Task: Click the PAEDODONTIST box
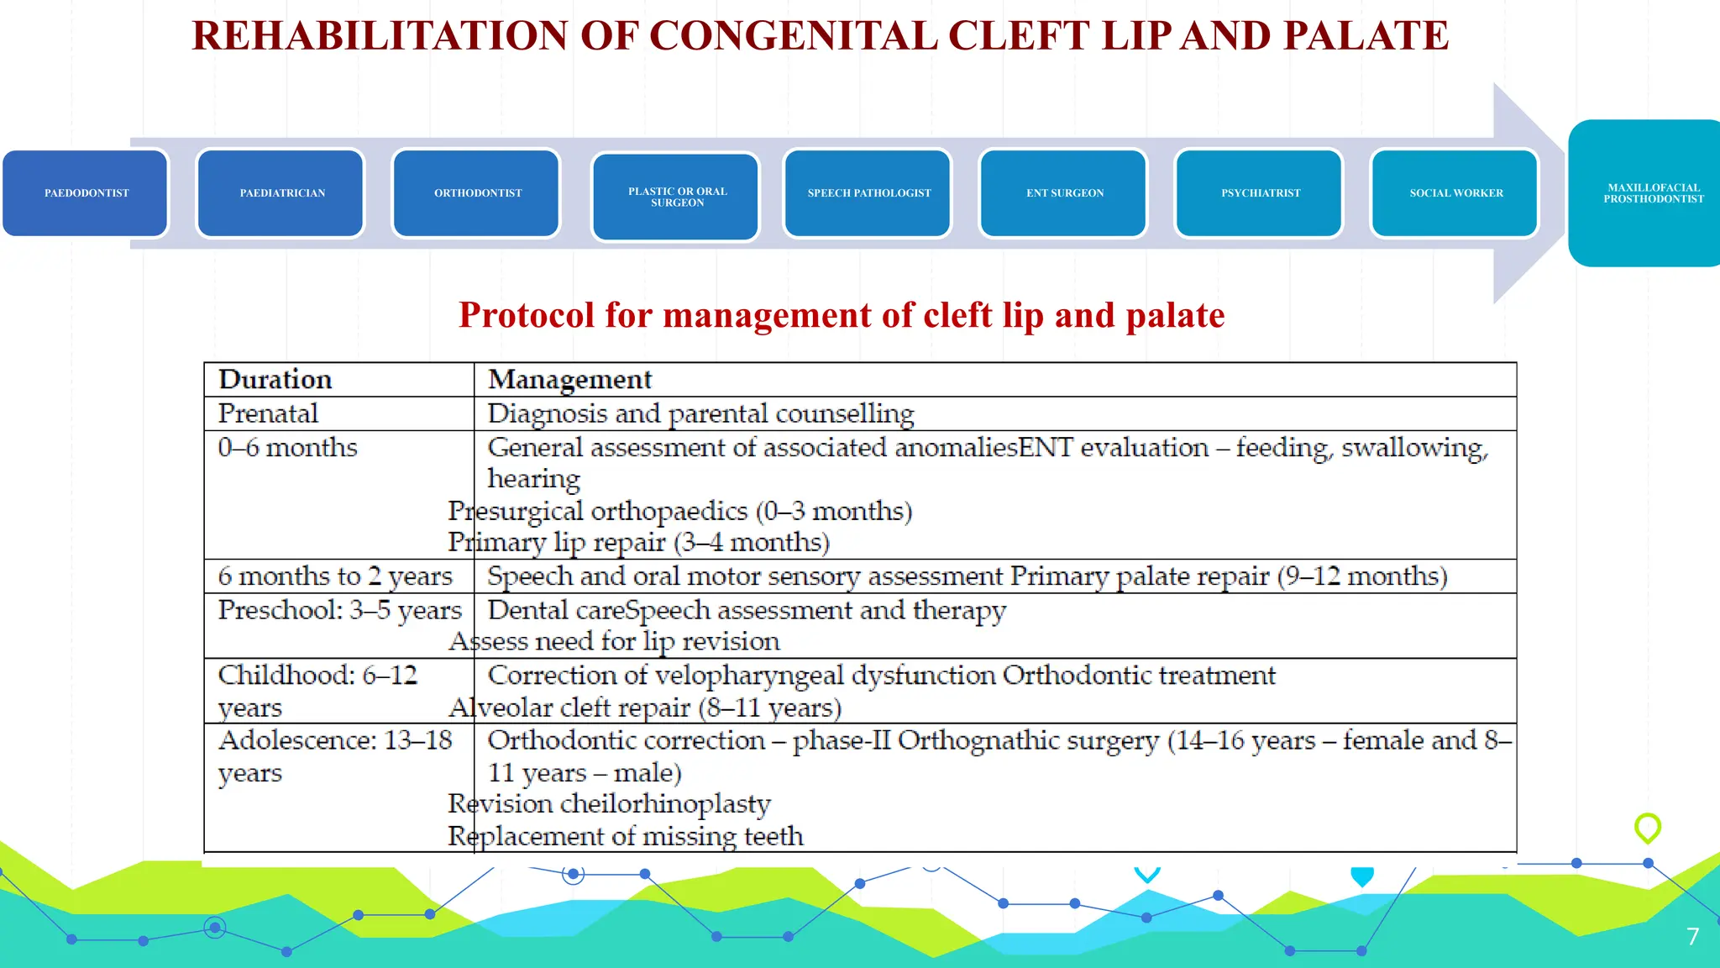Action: click(86, 193)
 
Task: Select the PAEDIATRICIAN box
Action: click(281, 193)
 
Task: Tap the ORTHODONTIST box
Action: click(477, 193)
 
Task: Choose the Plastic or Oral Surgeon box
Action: click(676, 197)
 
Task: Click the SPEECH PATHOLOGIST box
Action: click(868, 193)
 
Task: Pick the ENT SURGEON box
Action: click(1064, 193)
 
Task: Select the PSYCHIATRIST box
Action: click(1260, 193)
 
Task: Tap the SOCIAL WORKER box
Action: click(1455, 193)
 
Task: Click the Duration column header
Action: click(275, 380)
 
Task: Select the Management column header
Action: click(569, 380)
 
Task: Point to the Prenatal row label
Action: click(268, 413)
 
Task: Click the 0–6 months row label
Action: click(287, 448)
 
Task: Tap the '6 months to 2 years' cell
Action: click(334, 576)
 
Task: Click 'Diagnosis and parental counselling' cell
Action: click(700, 413)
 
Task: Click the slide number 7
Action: click(1692, 936)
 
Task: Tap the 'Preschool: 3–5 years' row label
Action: click(339, 610)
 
